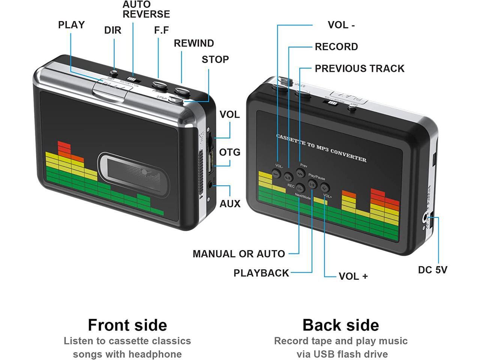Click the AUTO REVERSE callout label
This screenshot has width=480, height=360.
146,9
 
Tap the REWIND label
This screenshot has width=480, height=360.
193,43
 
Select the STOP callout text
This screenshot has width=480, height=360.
215,60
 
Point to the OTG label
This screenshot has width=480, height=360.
229,153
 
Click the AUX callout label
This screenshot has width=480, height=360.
229,204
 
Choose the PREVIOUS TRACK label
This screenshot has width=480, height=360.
359,69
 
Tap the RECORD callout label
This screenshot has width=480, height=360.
336,47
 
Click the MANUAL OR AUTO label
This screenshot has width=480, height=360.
238,254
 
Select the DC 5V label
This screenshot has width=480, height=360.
432,270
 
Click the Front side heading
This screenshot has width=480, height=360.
127,325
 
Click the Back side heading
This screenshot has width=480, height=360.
340,325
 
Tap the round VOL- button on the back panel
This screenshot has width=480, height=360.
276,174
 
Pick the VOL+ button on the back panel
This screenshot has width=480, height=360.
325,187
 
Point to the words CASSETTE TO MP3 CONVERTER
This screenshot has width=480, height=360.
321,147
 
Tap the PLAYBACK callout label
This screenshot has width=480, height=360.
261,273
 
